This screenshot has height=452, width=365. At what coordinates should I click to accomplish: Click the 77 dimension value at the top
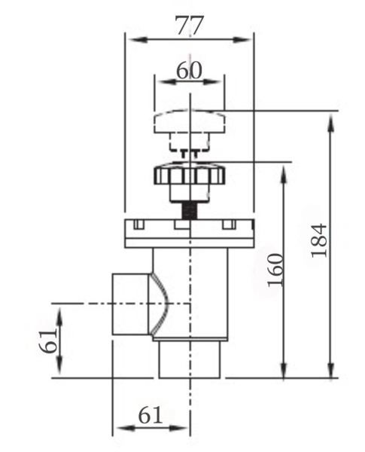tap(190, 26)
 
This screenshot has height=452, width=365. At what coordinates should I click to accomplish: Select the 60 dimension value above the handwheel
tap(189, 70)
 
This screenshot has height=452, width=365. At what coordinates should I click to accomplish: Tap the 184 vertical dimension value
tap(319, 240)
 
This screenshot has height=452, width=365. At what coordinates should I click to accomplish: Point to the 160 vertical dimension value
tap(275, 270)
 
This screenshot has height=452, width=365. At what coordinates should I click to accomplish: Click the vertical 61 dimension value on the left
tap(48, 341)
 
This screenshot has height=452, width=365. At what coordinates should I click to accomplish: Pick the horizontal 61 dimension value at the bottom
tap(151, 416)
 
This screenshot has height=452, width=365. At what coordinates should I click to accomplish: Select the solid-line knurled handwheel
tap(190, 182)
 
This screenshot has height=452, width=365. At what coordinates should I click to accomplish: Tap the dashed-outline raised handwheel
tap(189, 130)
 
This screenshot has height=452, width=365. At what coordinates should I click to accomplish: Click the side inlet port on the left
tap(130, 304)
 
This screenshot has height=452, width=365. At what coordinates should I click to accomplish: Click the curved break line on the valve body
tap(161, 304)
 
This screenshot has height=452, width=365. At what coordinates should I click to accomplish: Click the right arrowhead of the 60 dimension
tap(214, 82)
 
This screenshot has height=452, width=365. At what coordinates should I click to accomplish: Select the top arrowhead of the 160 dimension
tap(284, 175)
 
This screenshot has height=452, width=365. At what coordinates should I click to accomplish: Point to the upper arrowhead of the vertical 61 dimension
tap(59, 316)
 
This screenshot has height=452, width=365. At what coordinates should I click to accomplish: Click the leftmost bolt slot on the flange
tap(138, 224)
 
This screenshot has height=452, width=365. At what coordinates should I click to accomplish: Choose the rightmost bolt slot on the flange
tap(229, 224)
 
